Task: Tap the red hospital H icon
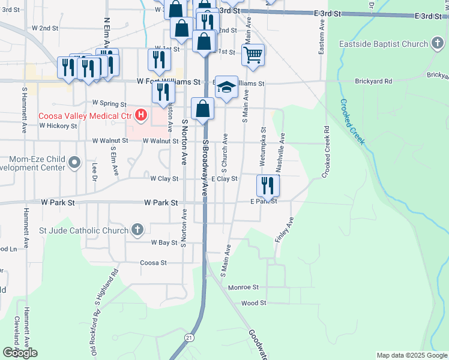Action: tap(140, 114)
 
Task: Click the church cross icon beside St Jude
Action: tap(137, 229)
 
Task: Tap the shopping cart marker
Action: tap(253, 55)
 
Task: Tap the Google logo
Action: tap(20, 353)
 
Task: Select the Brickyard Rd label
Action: tap(373, 81)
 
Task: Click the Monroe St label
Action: tap(243, 287)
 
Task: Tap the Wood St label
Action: tap(253, 304)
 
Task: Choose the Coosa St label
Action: tap(153, 263)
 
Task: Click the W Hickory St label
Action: tap(58, 127)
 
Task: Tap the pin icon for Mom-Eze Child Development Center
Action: tap(74, 162)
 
